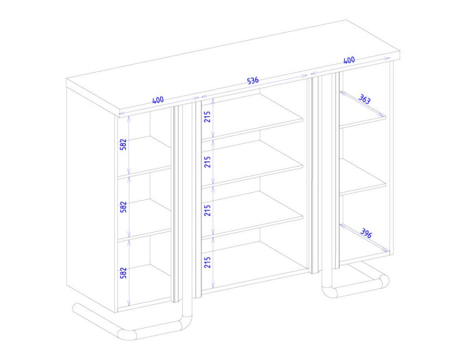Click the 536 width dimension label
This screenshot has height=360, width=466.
[253, 80]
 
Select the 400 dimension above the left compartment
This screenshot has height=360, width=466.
[158, 100]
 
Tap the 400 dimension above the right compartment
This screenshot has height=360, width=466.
[349, 60]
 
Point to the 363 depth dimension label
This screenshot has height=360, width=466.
[364, 99]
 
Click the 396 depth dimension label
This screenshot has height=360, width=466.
[366, 233]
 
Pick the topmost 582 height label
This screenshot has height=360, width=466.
[123, 145]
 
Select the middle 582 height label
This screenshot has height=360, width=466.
[123, 207]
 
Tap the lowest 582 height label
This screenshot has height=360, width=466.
[123, 273]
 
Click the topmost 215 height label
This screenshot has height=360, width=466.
[208, 117]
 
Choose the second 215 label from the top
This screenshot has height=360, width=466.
[208, 162]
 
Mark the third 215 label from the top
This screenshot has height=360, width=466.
[208, 210]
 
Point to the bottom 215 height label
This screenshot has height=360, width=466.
[208, 262]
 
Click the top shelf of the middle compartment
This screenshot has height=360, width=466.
[253, 117]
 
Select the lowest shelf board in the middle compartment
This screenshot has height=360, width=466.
[253, 214]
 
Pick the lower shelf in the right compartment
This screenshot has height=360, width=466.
[363, 177]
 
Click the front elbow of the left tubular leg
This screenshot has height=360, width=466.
[126, 334]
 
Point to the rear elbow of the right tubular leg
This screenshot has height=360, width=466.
[383, 281]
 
